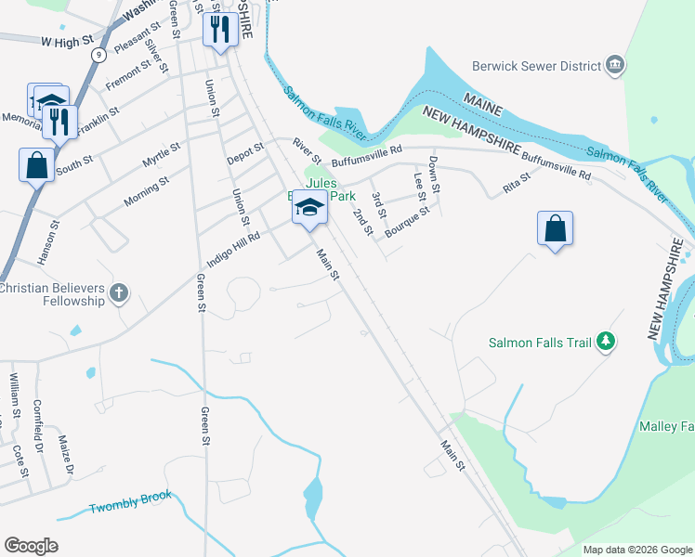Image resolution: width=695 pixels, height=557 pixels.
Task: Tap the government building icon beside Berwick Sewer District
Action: pyautogui.click(x=614, y=65)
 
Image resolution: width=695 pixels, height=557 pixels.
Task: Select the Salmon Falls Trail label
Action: pyautogui.click(x=540, y=343)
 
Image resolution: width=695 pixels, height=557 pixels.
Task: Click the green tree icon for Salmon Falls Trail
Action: pyautogui.click(x=606, y=343)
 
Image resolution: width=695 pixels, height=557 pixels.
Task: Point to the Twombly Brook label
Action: pyautogui.click(x=130, y=503)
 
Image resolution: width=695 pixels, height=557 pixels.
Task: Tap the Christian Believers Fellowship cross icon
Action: pyautogui.click(x=118, y=294)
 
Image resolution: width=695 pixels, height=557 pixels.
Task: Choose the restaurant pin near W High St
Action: pyautogui.click(x=220, y=30)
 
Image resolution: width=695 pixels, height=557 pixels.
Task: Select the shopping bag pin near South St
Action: pyautogui.click(x=36, y=165)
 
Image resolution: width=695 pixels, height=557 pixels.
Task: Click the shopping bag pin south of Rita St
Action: pyautogui.click(x=555, y=228)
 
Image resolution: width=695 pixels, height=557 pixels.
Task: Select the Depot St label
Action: pyautogui.click(x=245, y=153)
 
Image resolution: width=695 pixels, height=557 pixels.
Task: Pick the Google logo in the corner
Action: pyautogui.click(x=32, y=546)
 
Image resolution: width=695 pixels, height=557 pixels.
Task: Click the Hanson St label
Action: pyautogui.click(x=54, y=238)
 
